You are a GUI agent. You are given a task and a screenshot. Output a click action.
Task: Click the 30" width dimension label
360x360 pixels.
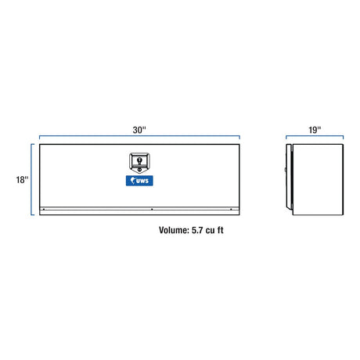pos(139,130)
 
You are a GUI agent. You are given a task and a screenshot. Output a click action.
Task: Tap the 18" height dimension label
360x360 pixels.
pos(22,179)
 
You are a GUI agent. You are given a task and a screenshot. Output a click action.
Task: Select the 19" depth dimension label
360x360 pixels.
pos(315,130)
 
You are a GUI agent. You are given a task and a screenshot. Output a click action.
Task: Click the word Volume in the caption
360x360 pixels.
pos(174,230)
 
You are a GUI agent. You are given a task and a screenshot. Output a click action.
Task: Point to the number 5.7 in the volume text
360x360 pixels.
pos(197,230)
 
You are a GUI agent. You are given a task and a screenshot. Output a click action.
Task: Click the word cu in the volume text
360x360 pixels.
pos(210,231)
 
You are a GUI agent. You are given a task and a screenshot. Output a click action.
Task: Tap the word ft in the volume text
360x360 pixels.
pos(220,230)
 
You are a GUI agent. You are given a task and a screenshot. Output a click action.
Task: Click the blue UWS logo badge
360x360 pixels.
pos(139,181)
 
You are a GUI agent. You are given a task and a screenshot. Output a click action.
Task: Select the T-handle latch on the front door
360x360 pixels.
pos(139,163)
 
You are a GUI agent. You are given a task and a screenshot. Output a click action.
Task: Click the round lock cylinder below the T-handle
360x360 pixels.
pos(140,170)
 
